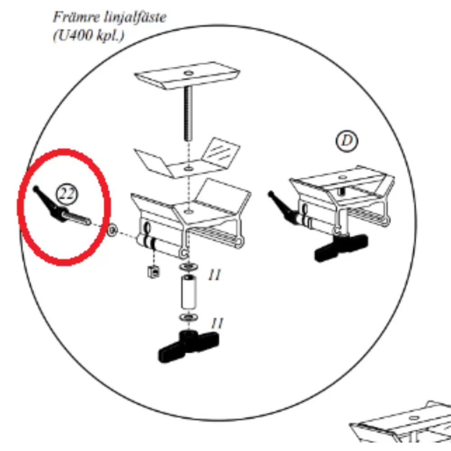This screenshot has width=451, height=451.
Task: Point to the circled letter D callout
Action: (347, 141)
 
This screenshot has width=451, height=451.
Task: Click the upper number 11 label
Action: (215, 275)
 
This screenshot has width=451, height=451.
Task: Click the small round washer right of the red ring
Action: (112, 230)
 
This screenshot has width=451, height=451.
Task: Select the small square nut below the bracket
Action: (154, 271)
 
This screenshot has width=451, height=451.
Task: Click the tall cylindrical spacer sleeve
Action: (189, 292)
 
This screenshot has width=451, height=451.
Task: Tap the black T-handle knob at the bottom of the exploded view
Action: (189, 346)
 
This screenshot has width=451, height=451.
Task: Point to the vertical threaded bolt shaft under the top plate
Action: (188, 114)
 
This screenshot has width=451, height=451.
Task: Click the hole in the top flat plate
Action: (189, 74)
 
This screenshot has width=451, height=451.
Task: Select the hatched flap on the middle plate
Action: (221, 152)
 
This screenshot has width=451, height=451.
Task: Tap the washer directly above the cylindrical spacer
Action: (189, 267)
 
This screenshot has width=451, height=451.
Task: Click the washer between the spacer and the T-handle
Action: (189, 318)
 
